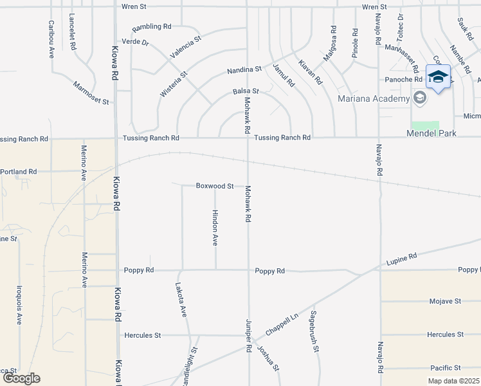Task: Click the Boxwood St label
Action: (215, 186)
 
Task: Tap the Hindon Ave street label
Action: (215, 228)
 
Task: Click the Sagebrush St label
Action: (314, 332)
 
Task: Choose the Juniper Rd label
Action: (248, 336)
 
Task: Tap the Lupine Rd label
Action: (402, 260)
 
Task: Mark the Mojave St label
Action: (446, 301)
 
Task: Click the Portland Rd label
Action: (19, 172)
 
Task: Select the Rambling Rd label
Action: (152, 27)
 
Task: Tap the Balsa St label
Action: (246, 92)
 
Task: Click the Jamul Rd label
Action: (283, 75)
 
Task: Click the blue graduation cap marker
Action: (438, 77)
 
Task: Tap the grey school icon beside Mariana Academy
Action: (420, 98)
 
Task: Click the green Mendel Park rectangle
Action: (425, 125)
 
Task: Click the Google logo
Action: (21, 378)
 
